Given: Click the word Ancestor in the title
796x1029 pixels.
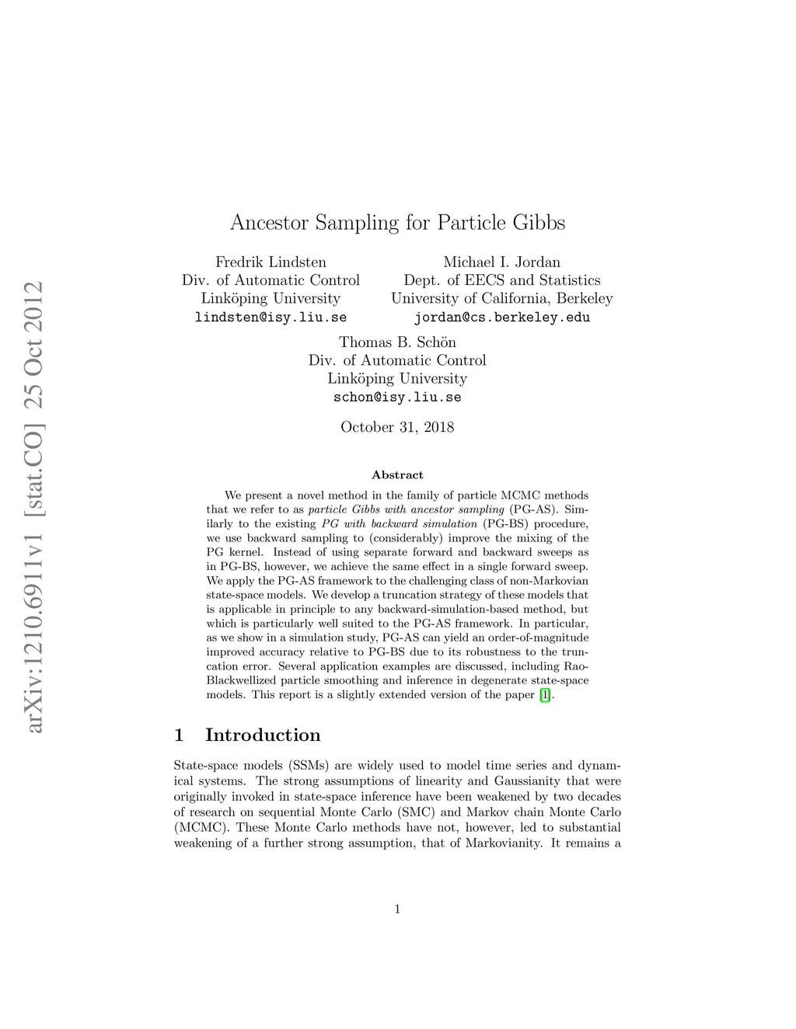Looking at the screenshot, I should pyautogui.click(x=269, y=223).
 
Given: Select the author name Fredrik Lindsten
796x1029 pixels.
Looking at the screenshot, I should pyautogui.click(x=271, y=262).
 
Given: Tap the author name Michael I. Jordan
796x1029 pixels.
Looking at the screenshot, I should pyautogui.click(x=501, y=262).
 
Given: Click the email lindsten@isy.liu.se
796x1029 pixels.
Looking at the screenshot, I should pyautogui.click(x=271, y=318).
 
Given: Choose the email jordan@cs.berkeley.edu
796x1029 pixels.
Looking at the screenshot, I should pyautogui.click(x=501, y=318).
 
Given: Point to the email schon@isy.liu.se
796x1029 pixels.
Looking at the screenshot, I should pyautogui.click(x=397, y=398).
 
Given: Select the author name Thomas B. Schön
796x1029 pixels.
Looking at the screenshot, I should pyautogui.click(x=397, y=342).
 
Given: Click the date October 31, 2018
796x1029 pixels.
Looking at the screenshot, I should pyautogui.click(x=397, y=427).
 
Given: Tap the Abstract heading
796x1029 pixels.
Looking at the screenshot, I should pyautogui.click(x=397, y=475).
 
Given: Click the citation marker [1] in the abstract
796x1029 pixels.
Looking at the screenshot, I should pyautogui.click(x=545, y=695).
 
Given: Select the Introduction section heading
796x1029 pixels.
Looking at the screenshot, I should pyautogui.click(x=263, y=735).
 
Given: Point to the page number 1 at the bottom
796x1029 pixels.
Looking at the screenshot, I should pyautogui.click(x=397, y=909).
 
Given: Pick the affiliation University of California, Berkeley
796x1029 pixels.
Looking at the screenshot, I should pyautogui.click(x=501, y=299).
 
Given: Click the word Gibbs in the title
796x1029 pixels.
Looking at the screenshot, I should pyautogui.click(x=539, y=223).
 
